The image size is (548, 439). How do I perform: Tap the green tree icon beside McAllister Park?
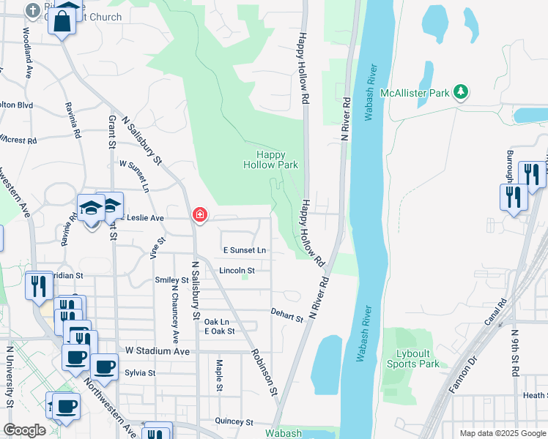[x=460, y=92]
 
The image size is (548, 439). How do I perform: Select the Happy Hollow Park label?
[x=270, y=160]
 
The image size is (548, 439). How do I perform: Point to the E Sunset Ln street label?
[x=244, y=250]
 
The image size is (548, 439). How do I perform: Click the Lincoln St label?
[x=237, y=271]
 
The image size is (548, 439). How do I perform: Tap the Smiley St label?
[x=171, y=280]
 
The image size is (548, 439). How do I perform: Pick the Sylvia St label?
[x=140, y=372]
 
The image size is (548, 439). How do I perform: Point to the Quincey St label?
[x=233, y=422]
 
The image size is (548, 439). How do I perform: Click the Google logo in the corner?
[x=24, y=430]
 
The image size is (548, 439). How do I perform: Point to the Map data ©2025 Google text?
[x=503, y=433]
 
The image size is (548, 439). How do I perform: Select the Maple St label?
[x=219, y=375]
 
